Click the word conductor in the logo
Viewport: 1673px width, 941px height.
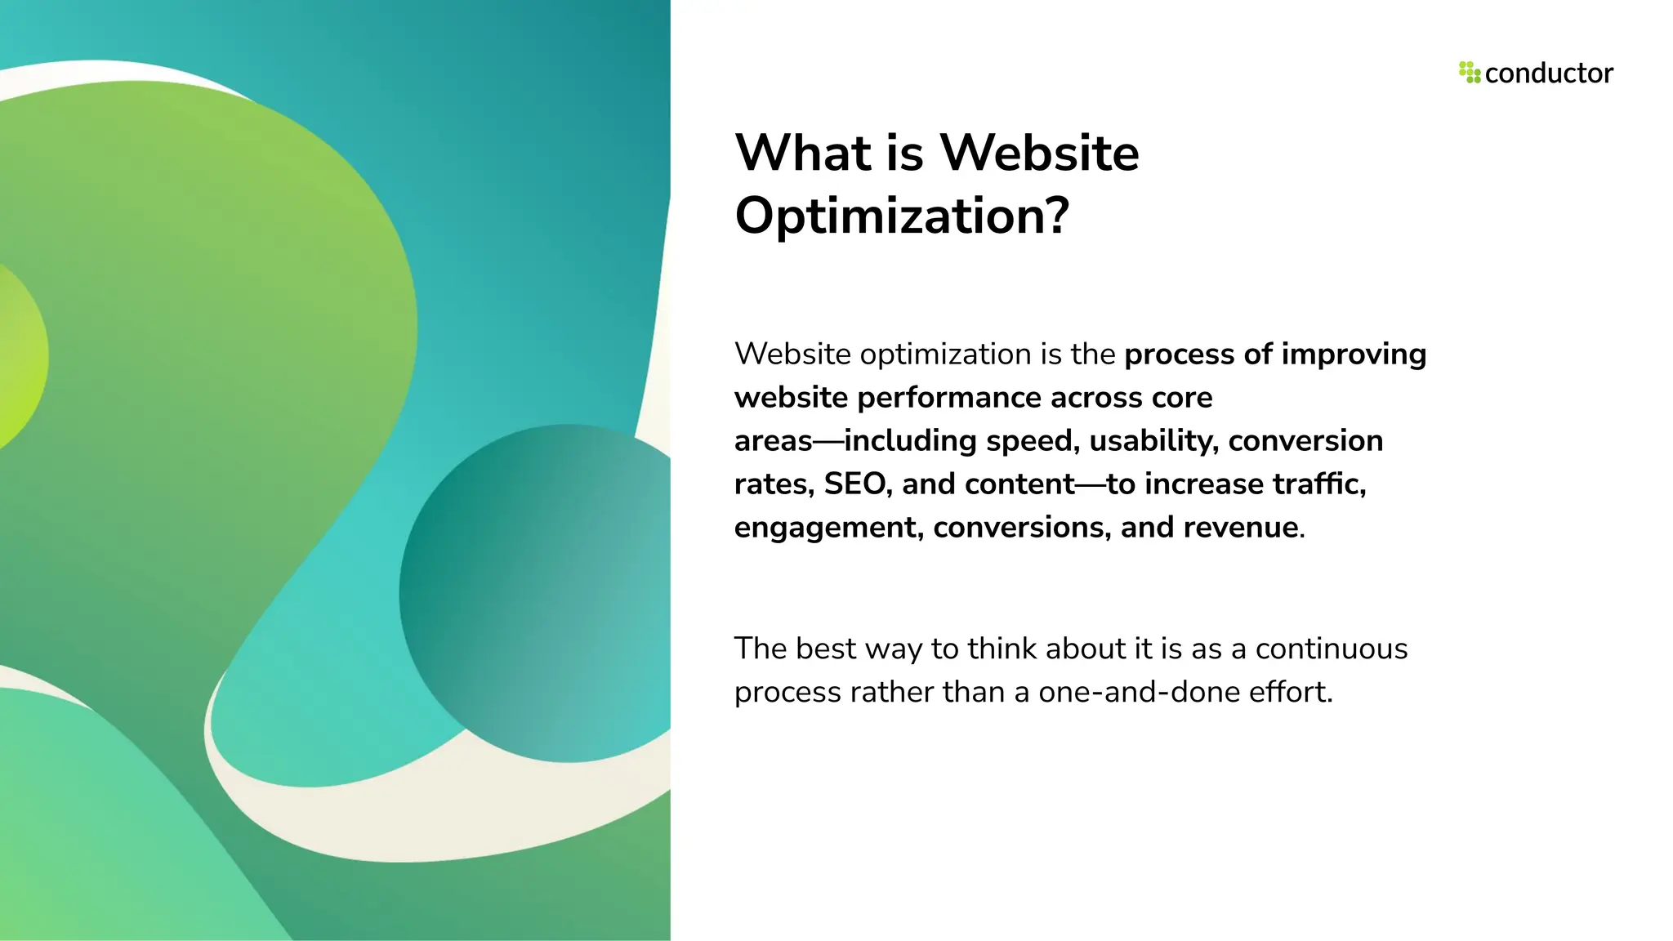pyautogui.click(x=1548, y=74)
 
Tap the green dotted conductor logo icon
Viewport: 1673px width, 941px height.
pyautogui.click(x=1469, y=72)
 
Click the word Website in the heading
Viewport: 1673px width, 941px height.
pyautogui.click(x=1039, y=153)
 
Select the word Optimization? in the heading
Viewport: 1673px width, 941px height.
pyautogui.click(x=902, y=216)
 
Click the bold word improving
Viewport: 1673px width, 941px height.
pyautogui.click(x=1354, y=355)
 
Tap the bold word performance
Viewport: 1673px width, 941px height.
pyautogui.click(x=949, y=398)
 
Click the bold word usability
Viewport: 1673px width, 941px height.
pyautogui.click(x=1153, y=441)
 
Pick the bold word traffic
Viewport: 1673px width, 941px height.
pyautogui.click(x=1318, y=484)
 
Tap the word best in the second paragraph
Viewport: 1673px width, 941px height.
pyautogui.click(x=826, y=649)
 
